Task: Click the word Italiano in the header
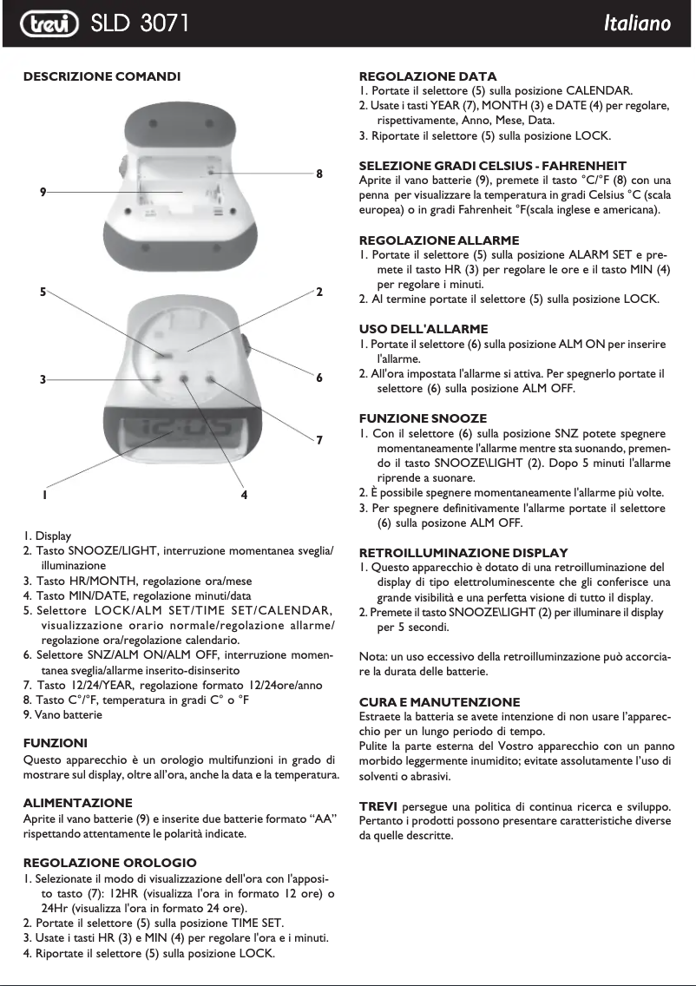[637, 23]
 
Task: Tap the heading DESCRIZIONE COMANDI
[102, 76]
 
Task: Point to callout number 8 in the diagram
[319, 174]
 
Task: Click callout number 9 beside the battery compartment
[43, 191]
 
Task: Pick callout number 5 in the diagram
[43, 292]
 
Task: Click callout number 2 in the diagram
[319, 292]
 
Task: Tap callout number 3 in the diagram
[43, 379]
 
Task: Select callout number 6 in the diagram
[319, 378]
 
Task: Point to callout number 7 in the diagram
[319, 440]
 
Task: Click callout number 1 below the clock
[43, 495]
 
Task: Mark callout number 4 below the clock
[245, 495]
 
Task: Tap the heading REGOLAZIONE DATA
[428, 76]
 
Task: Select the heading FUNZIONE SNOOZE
[423, 418]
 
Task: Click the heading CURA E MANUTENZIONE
[439, 701]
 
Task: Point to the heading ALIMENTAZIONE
[77, 803]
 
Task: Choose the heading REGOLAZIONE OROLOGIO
[109, 863]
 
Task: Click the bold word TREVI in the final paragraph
[378, 805]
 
